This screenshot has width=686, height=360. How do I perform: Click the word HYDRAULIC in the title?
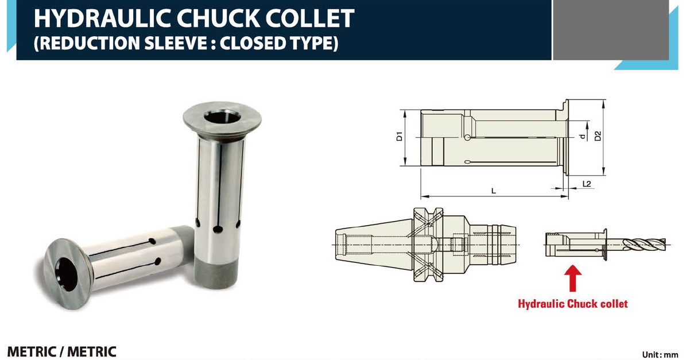pos(102,18)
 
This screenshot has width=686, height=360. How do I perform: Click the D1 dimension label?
pos(399,136)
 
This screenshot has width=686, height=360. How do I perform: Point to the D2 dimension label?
pos(598,136)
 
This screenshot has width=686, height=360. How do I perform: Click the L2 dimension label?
pos(587,184)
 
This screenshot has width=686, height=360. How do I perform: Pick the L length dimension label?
pos(494,191)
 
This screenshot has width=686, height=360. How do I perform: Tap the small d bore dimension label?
pos(582,137)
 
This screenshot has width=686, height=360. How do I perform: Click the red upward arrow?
pos(572,278)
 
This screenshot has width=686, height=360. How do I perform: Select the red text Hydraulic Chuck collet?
pos(573,304)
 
